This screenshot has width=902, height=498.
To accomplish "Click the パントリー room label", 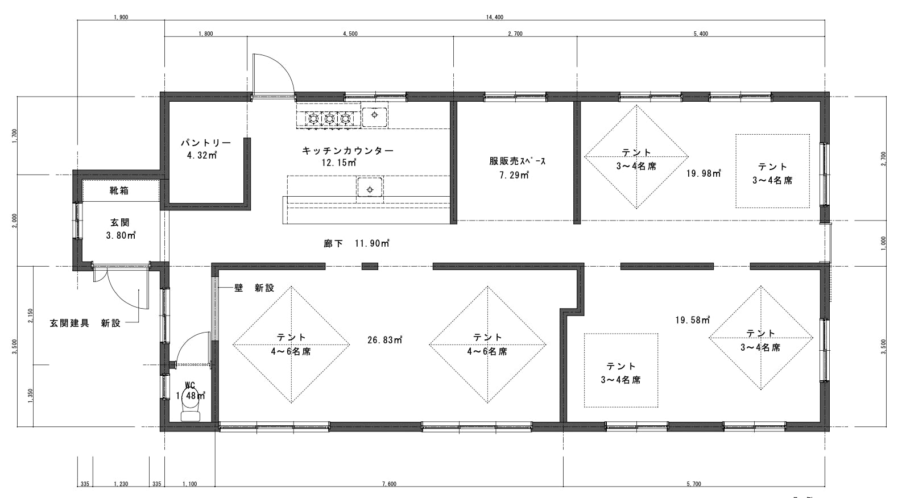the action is click(206, 143).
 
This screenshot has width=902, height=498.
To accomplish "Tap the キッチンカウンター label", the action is click(348, 151).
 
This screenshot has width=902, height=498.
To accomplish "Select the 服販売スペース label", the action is click(518, 161).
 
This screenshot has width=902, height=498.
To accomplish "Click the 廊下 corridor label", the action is click(333, 243).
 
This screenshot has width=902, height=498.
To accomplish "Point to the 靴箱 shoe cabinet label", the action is click(119, 190).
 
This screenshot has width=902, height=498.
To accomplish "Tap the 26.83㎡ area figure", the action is click(385, 340).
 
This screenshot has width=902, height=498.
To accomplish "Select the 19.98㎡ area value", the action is click(704, 173).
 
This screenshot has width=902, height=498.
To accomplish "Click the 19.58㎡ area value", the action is click(693, 320).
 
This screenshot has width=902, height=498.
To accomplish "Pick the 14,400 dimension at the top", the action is click(494, 17).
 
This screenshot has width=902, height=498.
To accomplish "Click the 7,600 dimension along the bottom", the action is click(389, 484).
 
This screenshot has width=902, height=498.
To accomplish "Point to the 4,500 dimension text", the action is click(350, 34).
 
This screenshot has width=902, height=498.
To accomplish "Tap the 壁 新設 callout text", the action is click(254, 288).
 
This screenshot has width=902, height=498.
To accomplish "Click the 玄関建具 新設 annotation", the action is click(85, 323).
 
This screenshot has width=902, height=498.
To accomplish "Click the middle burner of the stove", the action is click(329, 119).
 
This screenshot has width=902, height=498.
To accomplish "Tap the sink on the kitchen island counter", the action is click(370, 190).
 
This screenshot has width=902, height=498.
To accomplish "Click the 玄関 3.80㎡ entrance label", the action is click(121, 229).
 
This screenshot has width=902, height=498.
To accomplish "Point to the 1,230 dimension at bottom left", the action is click(121, 484).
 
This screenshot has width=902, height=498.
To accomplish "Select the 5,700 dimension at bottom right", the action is click(694, 484).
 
